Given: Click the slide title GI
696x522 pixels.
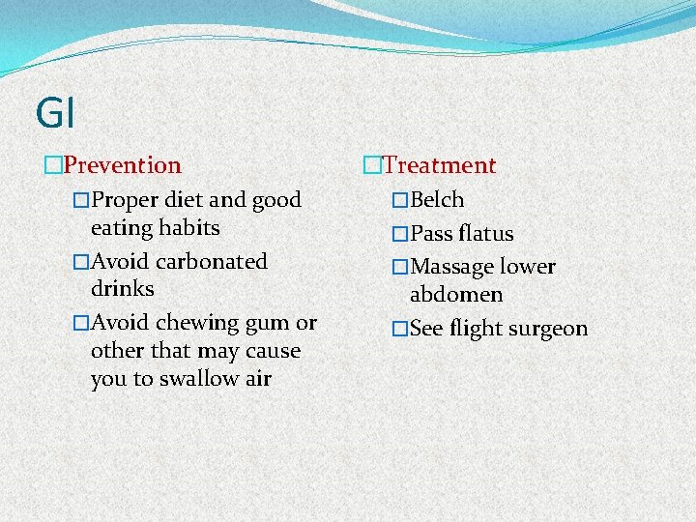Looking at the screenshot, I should point(54,113).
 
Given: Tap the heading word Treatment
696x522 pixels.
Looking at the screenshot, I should point(440,166).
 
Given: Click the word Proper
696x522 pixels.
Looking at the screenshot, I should point(125,201).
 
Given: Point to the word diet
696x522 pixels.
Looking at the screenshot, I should point(183,200).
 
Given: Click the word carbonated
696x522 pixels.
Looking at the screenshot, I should point(209,261).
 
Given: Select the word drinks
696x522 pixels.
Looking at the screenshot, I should point(122,289).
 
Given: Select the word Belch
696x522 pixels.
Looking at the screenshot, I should point(437,200).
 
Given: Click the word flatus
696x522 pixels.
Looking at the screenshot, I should point(486,234).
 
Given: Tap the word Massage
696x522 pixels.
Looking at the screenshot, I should point(453,267).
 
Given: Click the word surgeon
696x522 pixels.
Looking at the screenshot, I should point(547,330).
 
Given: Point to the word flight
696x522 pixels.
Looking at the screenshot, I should point(475,329).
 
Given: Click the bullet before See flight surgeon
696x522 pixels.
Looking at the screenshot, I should point(400,329).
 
